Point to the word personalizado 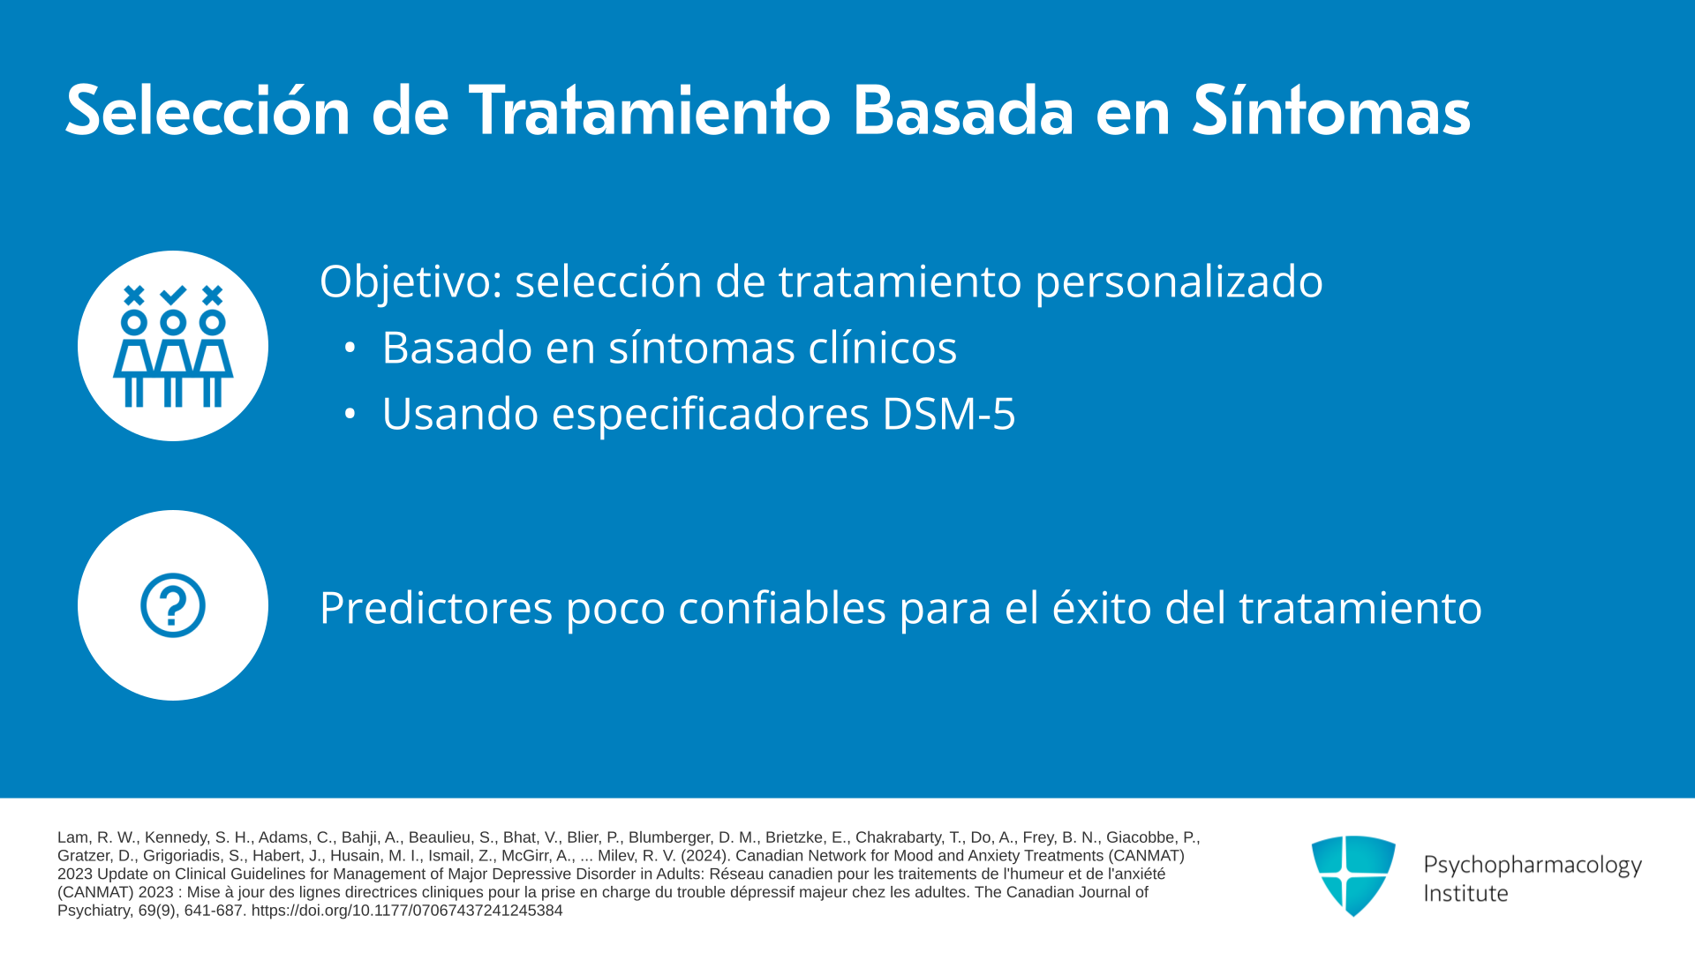pos(1179,282)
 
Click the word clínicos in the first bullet pos(883,347)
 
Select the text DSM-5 pos(949,413)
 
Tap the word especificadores pos(711,415)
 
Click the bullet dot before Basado pos(350,348)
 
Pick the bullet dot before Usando pos(350,413)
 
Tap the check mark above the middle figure pos(173,294)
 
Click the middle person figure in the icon pos(173,358)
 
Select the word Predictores pos(436,608)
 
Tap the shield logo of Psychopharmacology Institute pos(1353,875)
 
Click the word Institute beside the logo pos(1465,893)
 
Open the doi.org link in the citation pos(407,911)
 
